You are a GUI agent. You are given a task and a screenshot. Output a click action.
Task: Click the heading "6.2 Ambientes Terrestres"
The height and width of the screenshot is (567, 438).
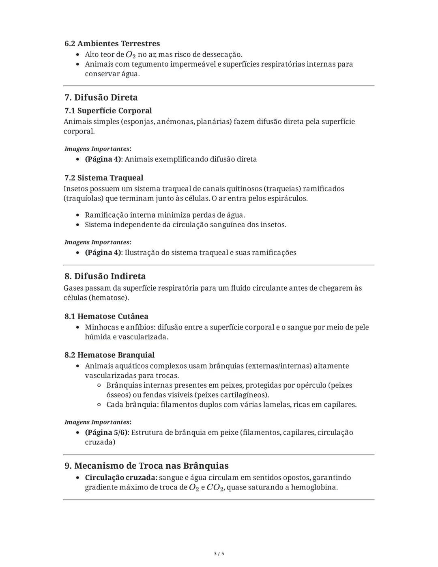(x=112, y=43)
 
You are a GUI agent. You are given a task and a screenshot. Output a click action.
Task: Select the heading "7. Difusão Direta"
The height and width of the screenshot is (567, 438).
(x=101, y=97)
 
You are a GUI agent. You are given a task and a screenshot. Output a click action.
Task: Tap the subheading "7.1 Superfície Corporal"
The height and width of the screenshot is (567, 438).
(x=108, y=111)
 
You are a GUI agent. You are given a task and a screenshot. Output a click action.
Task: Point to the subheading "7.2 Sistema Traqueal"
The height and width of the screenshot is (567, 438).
(x=104, y=178)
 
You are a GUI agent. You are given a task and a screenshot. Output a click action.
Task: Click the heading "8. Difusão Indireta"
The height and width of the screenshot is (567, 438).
(x=105, y=276)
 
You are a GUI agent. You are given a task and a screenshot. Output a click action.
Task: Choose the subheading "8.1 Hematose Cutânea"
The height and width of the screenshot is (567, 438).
(x=106, y=316)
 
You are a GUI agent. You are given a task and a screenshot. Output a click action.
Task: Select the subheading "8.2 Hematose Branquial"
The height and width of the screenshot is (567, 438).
(x=109, y=355)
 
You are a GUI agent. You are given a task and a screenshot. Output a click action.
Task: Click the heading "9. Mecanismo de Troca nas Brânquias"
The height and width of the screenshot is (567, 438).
(x=146, y=466)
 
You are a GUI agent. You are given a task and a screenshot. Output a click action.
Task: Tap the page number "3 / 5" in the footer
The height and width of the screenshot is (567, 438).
(x=219, y=554)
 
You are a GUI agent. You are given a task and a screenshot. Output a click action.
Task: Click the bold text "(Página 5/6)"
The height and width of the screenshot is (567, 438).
(x=106, y=432)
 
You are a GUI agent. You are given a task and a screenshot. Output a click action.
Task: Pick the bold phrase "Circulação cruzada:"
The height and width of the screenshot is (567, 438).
(x=121, y=478)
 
